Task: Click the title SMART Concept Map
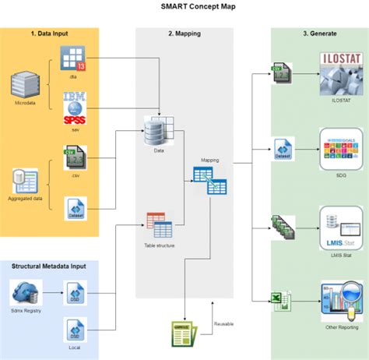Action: tap(184, 7)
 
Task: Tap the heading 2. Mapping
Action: tap(184, 35)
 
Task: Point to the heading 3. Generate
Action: tap(320, 35)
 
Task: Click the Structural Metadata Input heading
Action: tap(50, 267)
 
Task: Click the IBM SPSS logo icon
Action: tap(74, 108)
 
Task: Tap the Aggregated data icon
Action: tap(25, 182)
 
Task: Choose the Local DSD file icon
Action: tap(74, 329)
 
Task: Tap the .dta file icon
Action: tap(74, 59)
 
